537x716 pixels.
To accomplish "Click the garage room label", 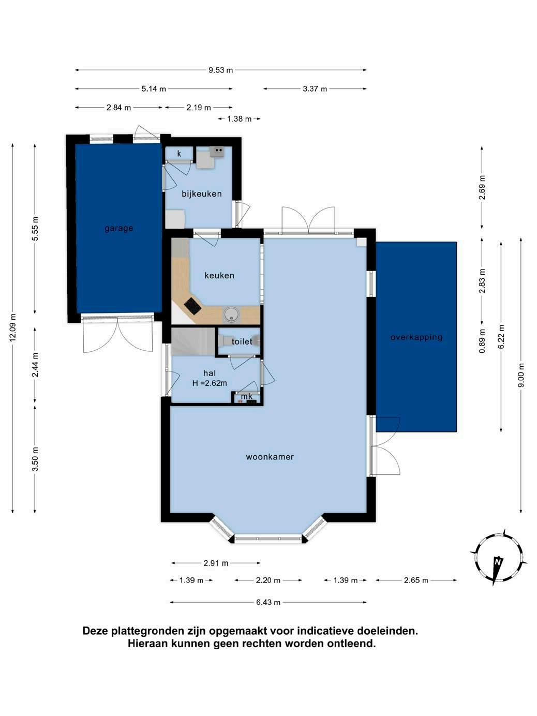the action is (x=118, y=228).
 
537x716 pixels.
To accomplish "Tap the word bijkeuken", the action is (x=201, y=194).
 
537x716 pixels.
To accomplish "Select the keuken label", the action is (x=219, y=275).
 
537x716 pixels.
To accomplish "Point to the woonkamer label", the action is (x=270, y=457).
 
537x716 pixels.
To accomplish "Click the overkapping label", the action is (x=416, y=337).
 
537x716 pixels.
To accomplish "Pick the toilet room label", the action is (x=242, y=341).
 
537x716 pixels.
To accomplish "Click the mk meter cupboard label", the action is (x=247, y=396).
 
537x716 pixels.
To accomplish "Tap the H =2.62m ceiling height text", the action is (x=210, y=383).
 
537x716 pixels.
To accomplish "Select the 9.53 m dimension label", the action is (x=221, y=70).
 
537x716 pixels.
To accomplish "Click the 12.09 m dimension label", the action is (x=13, y=328).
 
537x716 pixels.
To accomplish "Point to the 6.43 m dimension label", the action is (x=268, y=602).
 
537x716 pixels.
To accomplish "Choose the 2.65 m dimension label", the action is (x=416, y=580).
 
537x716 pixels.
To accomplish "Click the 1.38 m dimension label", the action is (x=240, y=119).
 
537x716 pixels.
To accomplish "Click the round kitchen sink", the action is (x=231, y=315).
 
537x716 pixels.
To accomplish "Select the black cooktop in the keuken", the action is (x=192, y=306).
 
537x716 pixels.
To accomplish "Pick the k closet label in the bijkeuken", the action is (x=179, y=153).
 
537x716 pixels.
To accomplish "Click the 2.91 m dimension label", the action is (x=216, y=563).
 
